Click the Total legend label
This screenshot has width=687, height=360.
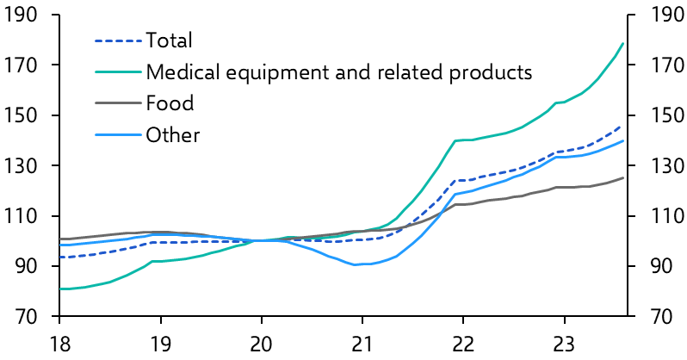coord(169,40)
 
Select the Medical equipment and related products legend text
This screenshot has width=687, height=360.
coord(339,71)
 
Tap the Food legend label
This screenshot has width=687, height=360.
coord(170,104)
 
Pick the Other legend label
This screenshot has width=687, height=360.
coord(172,135)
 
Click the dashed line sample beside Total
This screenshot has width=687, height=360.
coord(116,40)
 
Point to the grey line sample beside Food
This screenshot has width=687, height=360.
coord(116,104)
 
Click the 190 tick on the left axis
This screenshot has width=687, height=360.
coord(21,16)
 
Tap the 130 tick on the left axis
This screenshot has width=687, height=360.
coord(21,166)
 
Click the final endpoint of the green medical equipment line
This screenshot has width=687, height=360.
coord(623,43)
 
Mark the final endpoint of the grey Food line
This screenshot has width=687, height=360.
coord(623,177)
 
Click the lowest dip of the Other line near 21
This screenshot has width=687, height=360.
coord(356,264)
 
